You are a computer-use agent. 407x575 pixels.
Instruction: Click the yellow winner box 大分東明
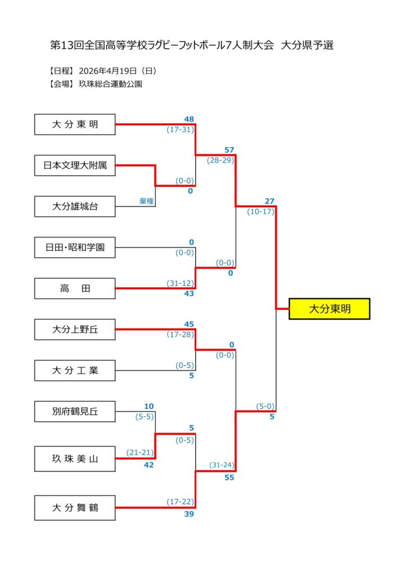[x=329, y=309]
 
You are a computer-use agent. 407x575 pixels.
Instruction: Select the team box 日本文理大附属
[x=75, y=165]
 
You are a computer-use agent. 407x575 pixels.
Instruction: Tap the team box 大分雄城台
[x=75, y=206]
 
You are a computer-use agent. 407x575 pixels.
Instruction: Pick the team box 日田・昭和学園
[x=75, y=247]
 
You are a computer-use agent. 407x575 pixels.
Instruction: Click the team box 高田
[x=75, y=289]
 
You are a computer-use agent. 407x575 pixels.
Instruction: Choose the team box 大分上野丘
[x=75, y=330]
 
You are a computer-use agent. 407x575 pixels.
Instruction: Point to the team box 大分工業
[x=75, y=371]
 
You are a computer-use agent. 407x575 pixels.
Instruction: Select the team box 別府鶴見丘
[x=75, y=412]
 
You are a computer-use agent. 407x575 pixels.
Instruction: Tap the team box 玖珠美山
[x=75, y=459]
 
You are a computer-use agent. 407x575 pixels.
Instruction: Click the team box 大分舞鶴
[x=75, y=508]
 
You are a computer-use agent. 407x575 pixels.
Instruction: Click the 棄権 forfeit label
[x=147, y=201]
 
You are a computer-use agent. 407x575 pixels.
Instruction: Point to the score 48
[x=189, y=119]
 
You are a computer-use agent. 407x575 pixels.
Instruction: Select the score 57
[x=229, y=150]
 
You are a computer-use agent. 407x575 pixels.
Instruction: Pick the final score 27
[x=269, y=201]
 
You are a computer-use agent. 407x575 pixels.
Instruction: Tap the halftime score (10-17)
[x=260, y=212]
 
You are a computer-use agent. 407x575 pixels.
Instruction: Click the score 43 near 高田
[x=189, y=294]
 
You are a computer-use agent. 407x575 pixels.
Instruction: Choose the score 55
[x=229, y=477]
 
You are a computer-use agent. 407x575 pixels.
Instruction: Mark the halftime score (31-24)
[x=221, y=465]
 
